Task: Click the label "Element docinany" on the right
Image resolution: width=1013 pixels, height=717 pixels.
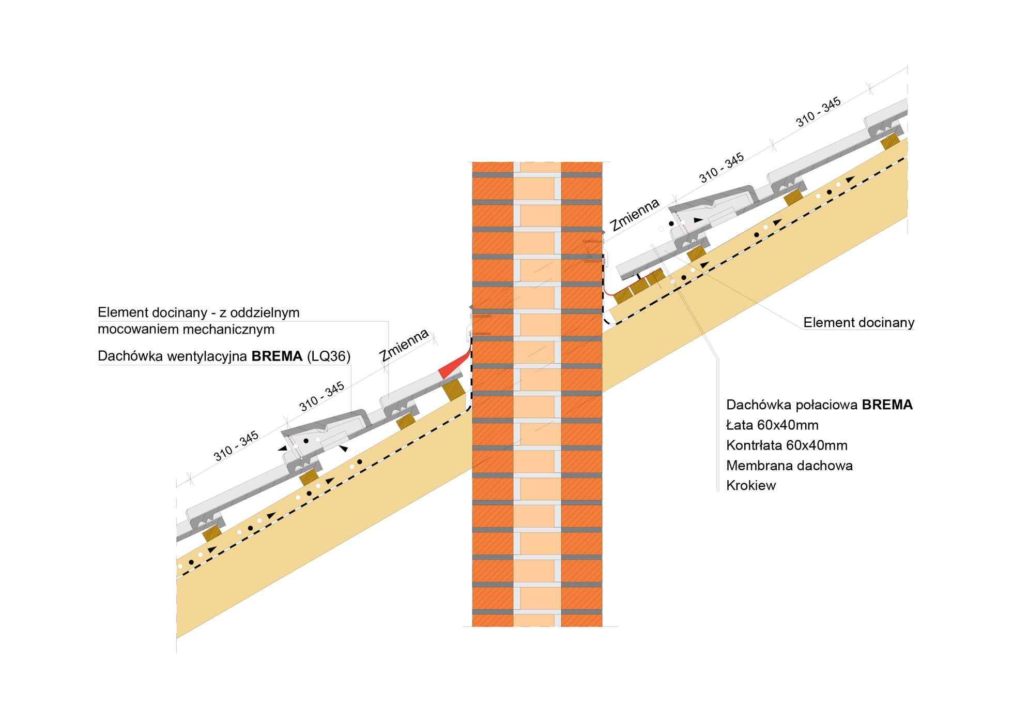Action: (858, 323)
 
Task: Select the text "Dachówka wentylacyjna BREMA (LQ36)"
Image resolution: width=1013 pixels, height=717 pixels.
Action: (224, 356)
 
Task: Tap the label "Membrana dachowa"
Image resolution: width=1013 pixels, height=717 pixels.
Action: (789, 466)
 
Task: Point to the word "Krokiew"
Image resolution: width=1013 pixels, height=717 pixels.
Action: (751, 486)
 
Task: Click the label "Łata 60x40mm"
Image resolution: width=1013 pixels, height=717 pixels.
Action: (772, 425)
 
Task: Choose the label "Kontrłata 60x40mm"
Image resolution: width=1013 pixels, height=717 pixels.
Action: (787, 445)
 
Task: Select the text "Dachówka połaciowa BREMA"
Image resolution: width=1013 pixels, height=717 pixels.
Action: (819, 405)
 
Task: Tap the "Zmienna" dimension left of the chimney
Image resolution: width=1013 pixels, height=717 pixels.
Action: (404, 345)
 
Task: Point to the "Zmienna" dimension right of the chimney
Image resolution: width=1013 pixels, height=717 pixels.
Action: (634, 215)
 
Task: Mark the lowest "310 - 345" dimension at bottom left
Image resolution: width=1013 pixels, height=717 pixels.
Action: (236, 446)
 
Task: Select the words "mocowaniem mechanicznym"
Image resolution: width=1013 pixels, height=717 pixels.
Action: (186, 330)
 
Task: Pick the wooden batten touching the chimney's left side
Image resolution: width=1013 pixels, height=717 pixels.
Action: (453, 390)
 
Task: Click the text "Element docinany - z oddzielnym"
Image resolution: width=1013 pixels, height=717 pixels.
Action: (198, 312)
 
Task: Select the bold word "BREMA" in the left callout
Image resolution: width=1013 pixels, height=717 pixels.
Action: (277, 356)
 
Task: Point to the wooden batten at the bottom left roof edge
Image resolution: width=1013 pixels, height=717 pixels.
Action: (211, 533)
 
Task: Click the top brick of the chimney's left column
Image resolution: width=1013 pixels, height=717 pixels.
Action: (493, 167)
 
